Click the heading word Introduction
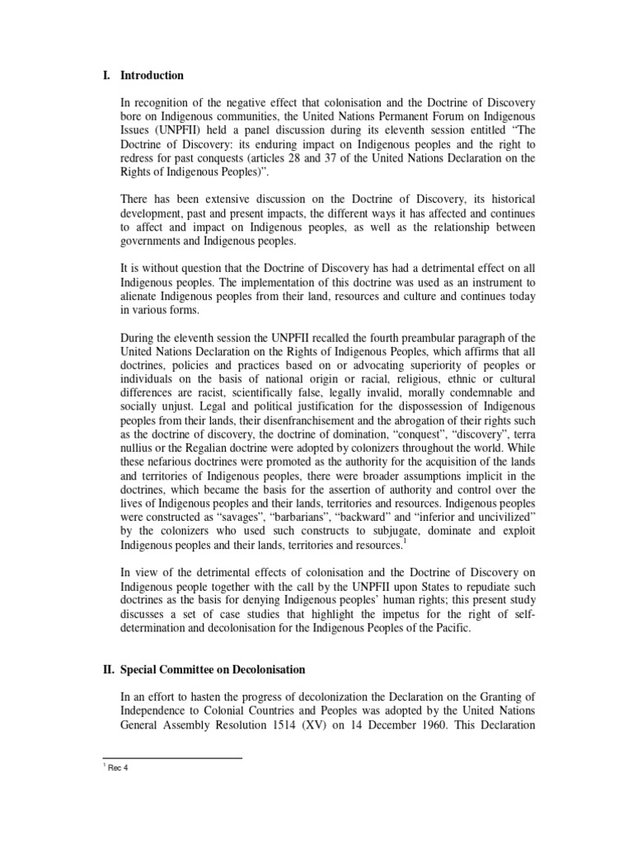(152, 76)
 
